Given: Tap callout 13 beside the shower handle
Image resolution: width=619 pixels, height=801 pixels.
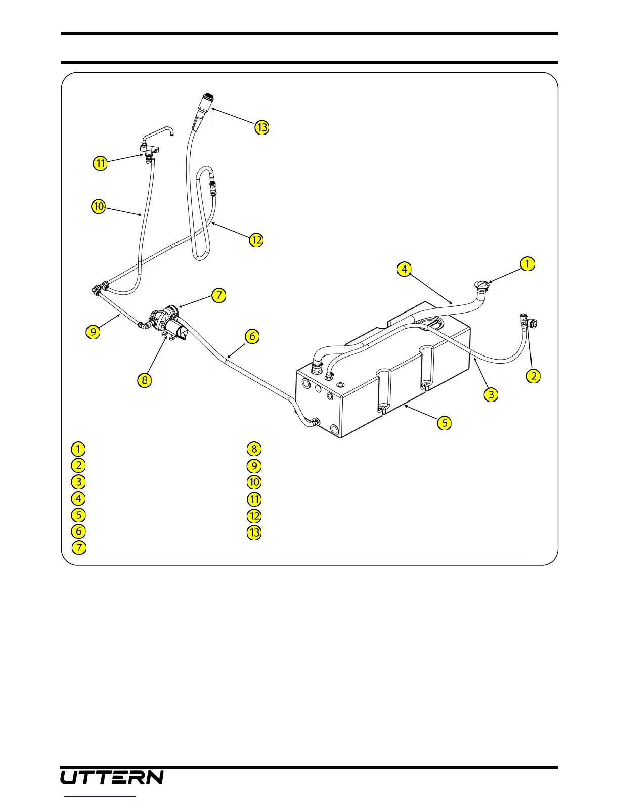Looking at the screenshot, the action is click(x=261, y=127).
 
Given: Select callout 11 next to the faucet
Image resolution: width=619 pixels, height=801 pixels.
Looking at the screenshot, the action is click(x=100, y=163).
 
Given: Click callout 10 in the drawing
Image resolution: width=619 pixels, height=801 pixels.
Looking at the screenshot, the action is click(x=98, y=206).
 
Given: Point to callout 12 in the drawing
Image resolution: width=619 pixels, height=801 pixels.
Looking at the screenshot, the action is click(x=256, y=240).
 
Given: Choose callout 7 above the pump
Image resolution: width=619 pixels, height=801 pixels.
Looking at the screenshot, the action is click(x=218, y=295).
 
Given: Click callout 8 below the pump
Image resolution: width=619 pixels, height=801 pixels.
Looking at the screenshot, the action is click(x=145, y=380).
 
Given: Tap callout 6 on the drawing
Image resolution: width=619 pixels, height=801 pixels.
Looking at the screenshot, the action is click(x=252, y=336).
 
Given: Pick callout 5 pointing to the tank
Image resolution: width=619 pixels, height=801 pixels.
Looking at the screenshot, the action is click(x=444, y=423).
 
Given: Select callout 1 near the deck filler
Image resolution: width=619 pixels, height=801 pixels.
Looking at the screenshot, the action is click(x=527, y=263).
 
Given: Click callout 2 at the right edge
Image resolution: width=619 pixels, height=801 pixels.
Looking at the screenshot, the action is click(x=533, y=376).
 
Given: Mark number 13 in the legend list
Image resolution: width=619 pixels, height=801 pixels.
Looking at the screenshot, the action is click(x=254, y=532).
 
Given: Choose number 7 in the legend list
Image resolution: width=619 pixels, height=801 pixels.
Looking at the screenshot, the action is click(x=78, y=548).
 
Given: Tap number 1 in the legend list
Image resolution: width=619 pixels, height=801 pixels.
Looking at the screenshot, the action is click(x=78, y=449).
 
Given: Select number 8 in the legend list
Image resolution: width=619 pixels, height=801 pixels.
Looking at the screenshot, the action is click(x=254, y=449).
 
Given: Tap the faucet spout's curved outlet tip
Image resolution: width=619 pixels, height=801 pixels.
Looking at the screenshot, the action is click(x=172, y=133).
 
